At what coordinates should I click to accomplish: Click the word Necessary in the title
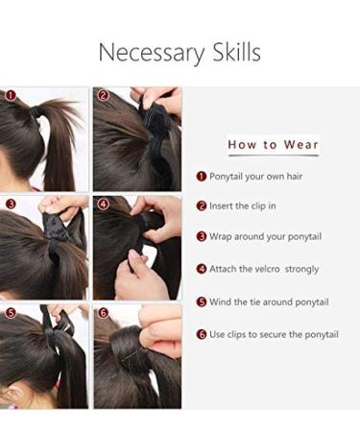point(150,53)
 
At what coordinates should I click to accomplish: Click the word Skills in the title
point(231,53)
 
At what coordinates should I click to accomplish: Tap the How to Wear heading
point(273,145)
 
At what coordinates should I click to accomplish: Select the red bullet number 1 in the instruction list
point(202,176)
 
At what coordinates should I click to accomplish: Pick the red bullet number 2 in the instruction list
point(202,205)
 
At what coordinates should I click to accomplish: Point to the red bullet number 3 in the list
point(202,236)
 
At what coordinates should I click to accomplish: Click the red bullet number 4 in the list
point(202,269)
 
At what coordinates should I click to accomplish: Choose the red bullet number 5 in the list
point(202,301)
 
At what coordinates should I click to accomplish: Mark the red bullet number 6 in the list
point(202,334)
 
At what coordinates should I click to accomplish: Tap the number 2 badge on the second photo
point(103,96)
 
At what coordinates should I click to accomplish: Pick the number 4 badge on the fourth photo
point(103,204)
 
